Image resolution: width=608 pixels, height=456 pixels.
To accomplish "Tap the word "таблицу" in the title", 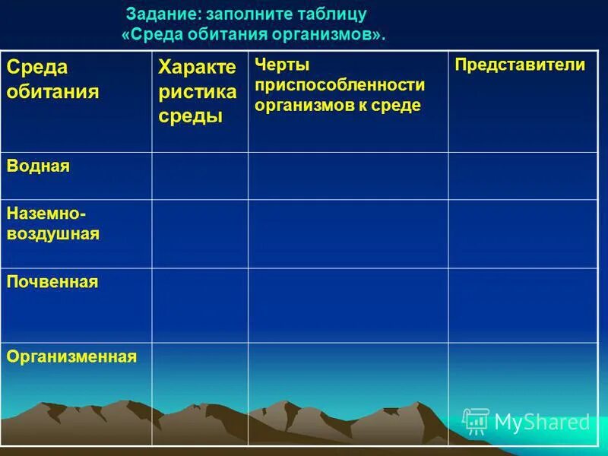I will (335, 14).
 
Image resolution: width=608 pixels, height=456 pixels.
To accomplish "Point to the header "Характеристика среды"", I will (197, 92).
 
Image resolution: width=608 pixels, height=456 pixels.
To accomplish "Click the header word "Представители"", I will (520, 65).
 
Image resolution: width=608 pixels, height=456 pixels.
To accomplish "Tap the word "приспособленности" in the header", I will (340, 85).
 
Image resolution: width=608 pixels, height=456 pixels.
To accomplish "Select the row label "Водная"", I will (38, 166).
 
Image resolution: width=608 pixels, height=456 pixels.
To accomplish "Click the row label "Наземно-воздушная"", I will (53, 223).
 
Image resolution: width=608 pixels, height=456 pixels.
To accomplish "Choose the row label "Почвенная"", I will (52, 282).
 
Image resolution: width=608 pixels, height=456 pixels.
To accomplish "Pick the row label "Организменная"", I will (71, 356).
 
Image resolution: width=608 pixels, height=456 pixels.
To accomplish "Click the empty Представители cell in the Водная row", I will (522, 176).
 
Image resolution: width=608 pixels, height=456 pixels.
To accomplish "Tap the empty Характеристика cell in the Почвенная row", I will (200, 305).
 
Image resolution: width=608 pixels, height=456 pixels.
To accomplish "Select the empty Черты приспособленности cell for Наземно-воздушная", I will (347, 233).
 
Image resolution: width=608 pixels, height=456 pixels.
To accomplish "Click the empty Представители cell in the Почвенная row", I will (522, 305).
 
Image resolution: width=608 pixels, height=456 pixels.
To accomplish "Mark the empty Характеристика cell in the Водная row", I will (200, 176).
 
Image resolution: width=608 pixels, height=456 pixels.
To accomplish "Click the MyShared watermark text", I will (543, 422).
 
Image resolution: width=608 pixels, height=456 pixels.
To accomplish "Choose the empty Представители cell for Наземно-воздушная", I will (522, 233).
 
